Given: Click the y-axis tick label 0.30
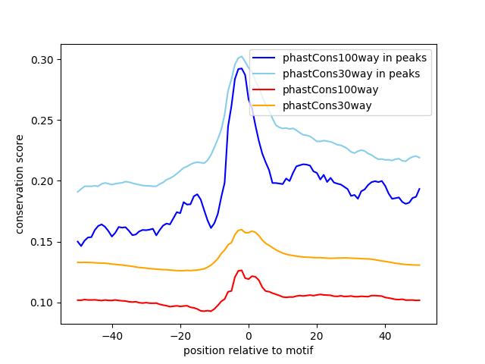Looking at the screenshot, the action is click(42, 60).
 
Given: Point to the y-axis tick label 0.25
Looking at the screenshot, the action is click(42, 121).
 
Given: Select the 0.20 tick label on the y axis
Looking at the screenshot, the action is click(42, 181).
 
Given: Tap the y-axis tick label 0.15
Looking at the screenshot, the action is click(42, 242).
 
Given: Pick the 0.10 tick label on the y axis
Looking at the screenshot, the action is click(42, 303).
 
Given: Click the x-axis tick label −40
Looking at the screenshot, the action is click(112, 336).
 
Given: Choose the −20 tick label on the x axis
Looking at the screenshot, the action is click(180, 336).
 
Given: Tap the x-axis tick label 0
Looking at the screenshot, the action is click(249, 336).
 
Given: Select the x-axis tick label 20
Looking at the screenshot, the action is click(317, 336).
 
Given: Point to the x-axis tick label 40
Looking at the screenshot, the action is click(385, 336).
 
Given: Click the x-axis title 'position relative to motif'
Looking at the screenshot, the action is click(249, 350).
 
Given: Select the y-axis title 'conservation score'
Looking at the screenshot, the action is click(19, 184).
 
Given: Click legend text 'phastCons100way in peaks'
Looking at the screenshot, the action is click(355, 58).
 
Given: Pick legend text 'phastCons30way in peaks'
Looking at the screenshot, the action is click(352, 74).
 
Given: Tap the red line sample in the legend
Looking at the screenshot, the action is click(264, 89).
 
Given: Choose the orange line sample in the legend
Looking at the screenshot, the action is click(264, 105).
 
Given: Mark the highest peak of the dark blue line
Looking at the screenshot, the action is click(241, 68).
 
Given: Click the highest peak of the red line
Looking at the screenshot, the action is click(241, 270).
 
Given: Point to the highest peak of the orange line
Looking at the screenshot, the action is click(241, 229).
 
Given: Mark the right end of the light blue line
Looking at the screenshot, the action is click(419, 158).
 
